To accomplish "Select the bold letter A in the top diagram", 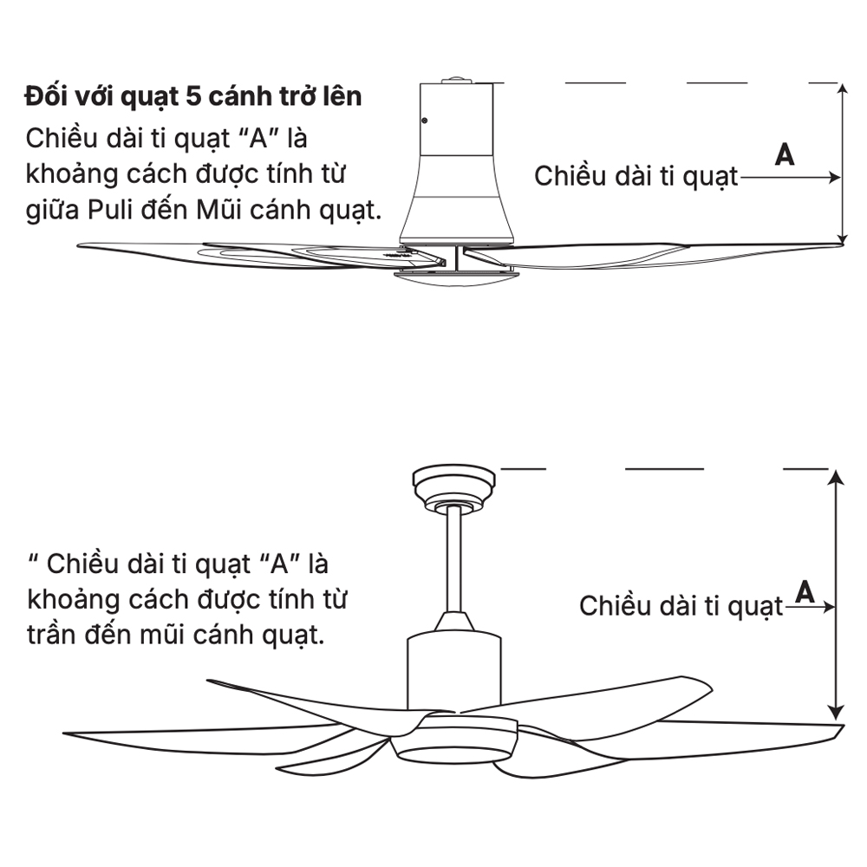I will [x=785, y=154].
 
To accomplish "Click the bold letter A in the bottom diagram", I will [x=805, y=591].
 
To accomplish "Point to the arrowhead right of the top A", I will [x=835, y=177].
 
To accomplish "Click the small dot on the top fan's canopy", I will [x=424, y=121].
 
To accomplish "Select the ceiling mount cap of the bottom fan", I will [x=453, y=479].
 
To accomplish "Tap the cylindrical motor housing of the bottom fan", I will [x=453, y=672].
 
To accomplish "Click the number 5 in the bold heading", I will [x=192, y=96].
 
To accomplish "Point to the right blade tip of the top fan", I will [x=838, y=245].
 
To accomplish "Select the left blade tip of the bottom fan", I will [x=68, y=733].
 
